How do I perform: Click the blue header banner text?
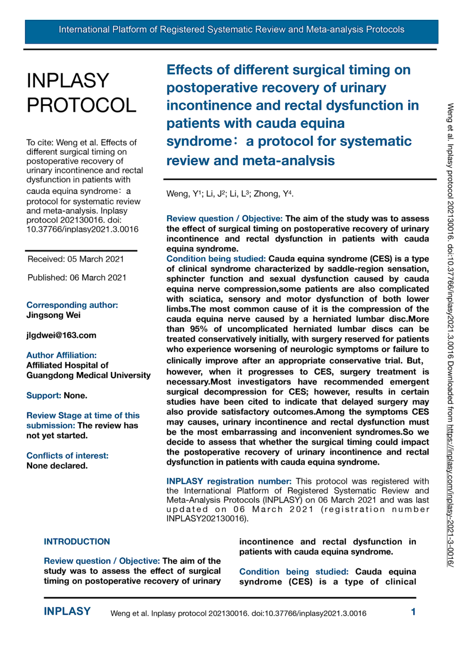tap(231, 30)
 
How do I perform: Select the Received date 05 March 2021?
tap(76, 259)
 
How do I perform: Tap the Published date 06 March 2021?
tap(77, 278)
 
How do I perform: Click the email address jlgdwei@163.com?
tap(61, 335)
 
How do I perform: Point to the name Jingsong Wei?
tap(53, 315)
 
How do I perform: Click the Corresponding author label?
tap(72, 305)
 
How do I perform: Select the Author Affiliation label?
tap(61, 355)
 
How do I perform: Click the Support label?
tap(44, 395)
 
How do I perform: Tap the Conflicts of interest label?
tap(67, 455)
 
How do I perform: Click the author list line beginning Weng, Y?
tap(230, 194)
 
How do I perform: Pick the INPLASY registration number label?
tap(229, 481)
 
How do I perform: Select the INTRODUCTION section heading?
tap(77, 541)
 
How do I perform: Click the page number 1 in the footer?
tap(413, 611)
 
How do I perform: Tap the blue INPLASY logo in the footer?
tap(67, 611)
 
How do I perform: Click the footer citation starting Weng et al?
tap(238, 613)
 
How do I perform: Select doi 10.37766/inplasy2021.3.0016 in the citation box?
tap(82, 229)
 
